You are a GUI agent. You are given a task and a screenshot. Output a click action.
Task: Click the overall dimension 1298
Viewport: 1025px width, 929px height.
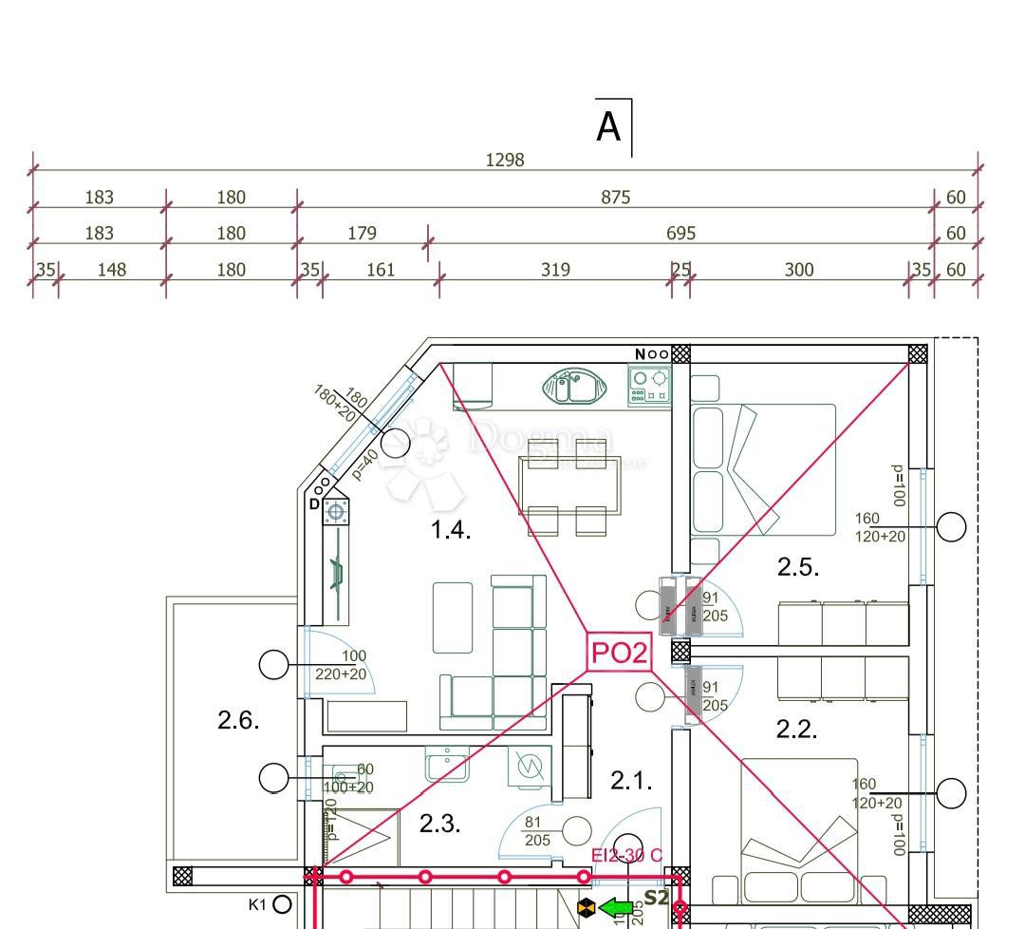click(504, 161)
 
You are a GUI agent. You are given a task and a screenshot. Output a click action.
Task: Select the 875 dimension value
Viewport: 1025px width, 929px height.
click(615, 198)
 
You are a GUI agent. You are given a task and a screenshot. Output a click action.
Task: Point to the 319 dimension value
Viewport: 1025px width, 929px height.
click(555, 270)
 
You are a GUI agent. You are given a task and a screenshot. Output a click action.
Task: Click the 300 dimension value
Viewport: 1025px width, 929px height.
click(799, 270)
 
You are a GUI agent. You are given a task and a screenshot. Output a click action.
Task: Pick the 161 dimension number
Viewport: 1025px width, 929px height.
click(380, 270)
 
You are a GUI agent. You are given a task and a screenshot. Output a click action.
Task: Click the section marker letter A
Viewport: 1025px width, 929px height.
click(608, 127)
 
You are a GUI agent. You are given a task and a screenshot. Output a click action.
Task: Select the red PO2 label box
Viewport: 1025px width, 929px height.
click(620, 653)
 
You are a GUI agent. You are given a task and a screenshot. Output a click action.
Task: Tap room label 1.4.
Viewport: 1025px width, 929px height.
click(451, 530)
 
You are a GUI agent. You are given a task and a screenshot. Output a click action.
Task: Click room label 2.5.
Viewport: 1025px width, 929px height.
click(798, 567)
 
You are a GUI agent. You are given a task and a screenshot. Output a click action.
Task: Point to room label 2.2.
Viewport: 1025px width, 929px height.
click(797, 730)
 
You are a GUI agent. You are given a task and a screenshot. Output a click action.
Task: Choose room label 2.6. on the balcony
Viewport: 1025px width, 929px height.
click(238, 720)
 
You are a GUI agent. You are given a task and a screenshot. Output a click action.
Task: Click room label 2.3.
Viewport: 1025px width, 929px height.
click(440, 824)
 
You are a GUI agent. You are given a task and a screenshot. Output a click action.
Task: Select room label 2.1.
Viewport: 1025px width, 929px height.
click(631, 781)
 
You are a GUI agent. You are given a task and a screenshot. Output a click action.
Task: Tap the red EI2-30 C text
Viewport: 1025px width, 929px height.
click(626, 856)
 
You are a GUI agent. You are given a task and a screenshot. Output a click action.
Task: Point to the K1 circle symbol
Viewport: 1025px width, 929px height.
click(282, 904)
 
